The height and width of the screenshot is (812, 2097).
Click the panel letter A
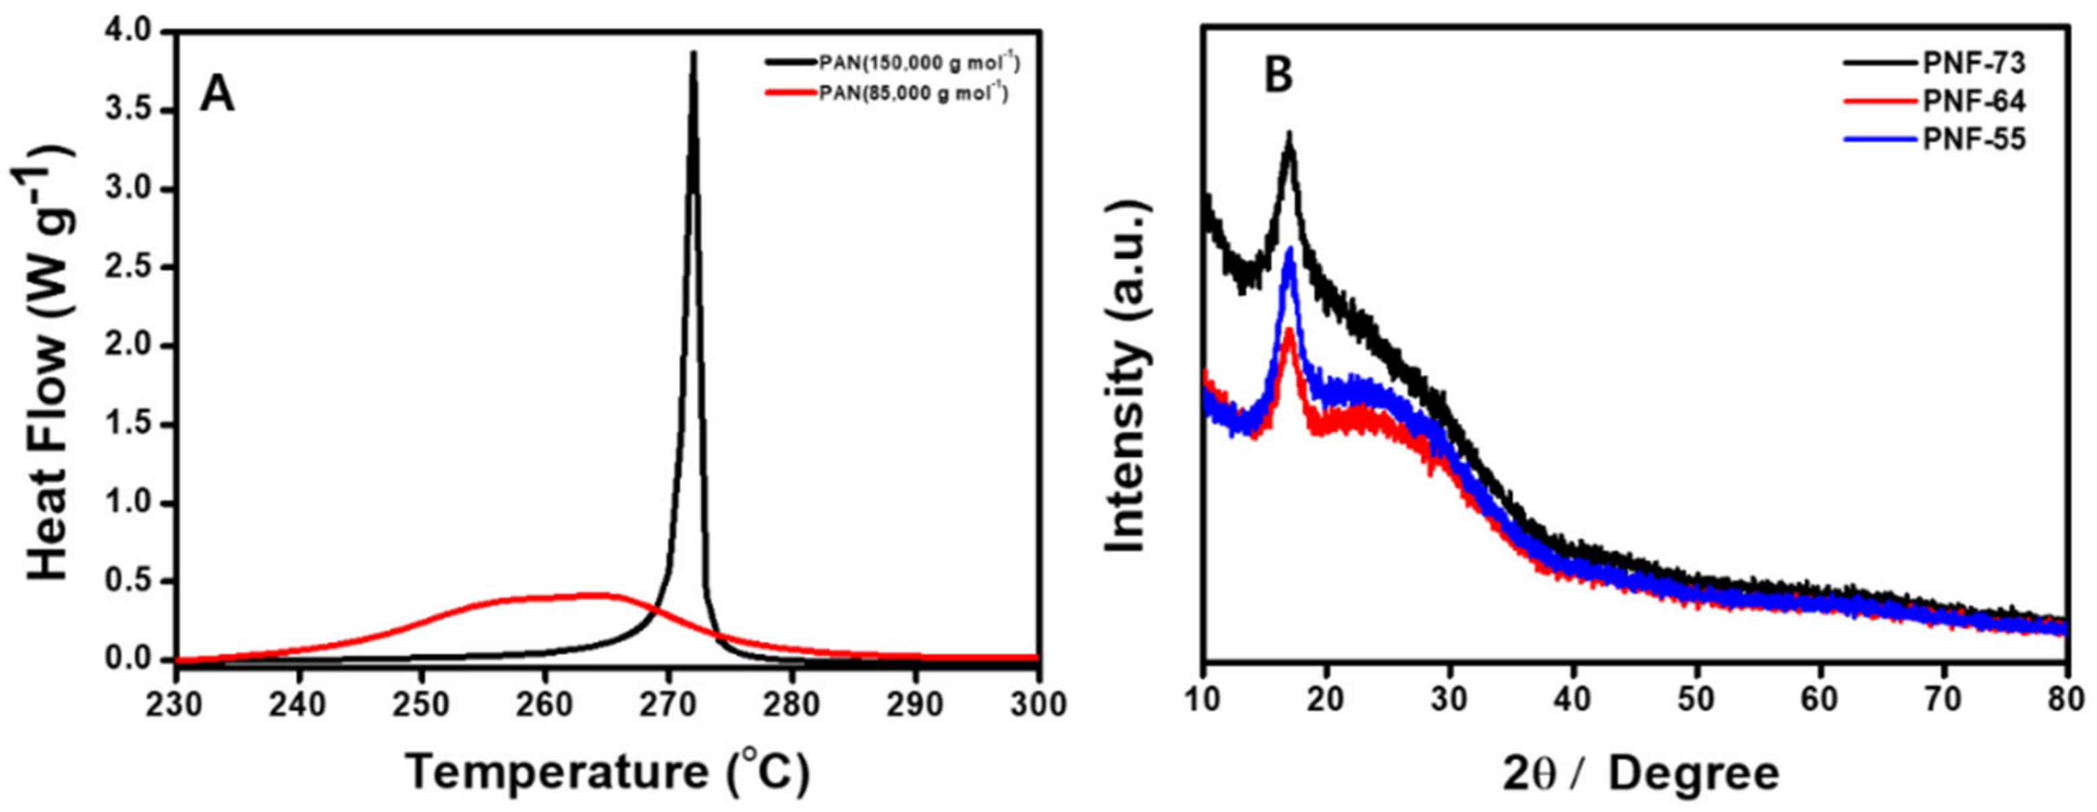(x=217, y=96)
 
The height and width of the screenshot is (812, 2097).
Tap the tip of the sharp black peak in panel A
(x=693, y=53)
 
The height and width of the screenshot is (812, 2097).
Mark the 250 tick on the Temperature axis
(x=422, y=705)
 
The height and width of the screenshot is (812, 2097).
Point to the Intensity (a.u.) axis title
(x=1128, y=376)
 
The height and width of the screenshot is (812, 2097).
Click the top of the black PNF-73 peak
(x=1289, y=133)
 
